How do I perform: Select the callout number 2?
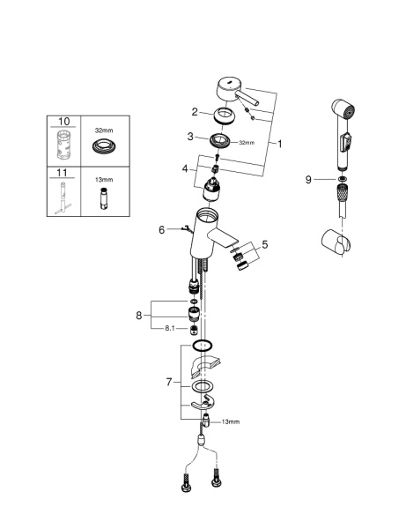point(194,112)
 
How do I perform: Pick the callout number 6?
point(162,229)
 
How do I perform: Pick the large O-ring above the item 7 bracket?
point(202,346)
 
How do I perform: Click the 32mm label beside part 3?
point(246,142)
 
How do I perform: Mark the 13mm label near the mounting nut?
point(230,423)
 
